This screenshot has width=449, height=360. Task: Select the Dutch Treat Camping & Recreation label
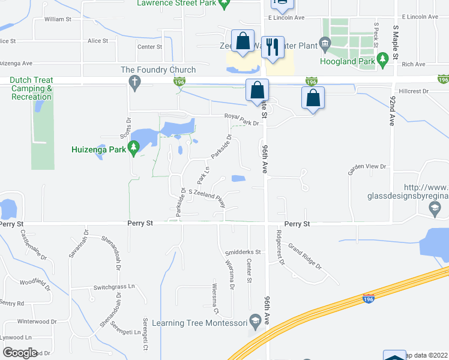32,88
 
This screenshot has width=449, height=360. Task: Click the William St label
58,19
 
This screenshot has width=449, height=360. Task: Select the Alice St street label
97,41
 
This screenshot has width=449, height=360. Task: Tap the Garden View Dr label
367,169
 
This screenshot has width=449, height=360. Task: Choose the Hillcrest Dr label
411,91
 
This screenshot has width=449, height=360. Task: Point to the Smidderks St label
241,252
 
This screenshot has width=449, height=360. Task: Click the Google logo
19,353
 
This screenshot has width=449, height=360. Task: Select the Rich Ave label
414,64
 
